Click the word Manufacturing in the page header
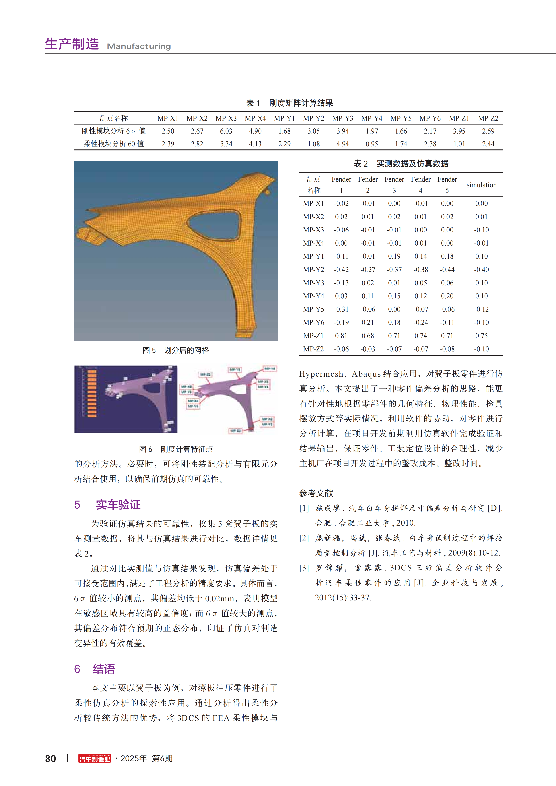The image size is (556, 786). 139,46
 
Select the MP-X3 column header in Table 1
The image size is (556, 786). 226,118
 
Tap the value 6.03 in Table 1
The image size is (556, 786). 226,131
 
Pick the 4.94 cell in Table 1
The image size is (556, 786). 343,144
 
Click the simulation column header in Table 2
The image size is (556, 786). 481,185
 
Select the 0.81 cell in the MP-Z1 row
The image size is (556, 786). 341,336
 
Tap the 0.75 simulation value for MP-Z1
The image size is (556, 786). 481,336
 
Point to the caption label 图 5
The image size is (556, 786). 149,350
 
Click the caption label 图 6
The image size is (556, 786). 146,449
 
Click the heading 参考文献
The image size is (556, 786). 316,493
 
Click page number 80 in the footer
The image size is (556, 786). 51,759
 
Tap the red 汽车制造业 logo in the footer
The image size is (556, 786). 95,759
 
